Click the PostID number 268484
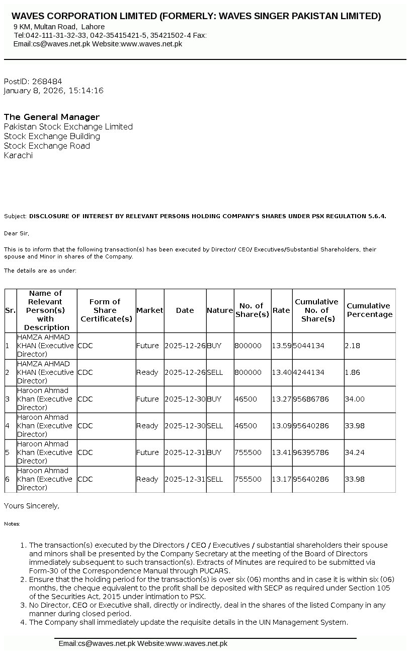point(47,81)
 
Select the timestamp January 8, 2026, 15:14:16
point(53,91)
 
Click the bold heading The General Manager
point(52,117)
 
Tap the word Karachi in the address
point(18,155)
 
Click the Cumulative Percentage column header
point(369,310)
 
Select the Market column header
point(149,310)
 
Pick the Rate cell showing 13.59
point(281,346)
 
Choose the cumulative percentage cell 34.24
point(354,452)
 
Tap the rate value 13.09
point(281,426)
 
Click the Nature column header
point(220,310)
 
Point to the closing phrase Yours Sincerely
point(31,505)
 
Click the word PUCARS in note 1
point(215,571)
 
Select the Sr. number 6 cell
point(8,479)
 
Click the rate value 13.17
point(281,479)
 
